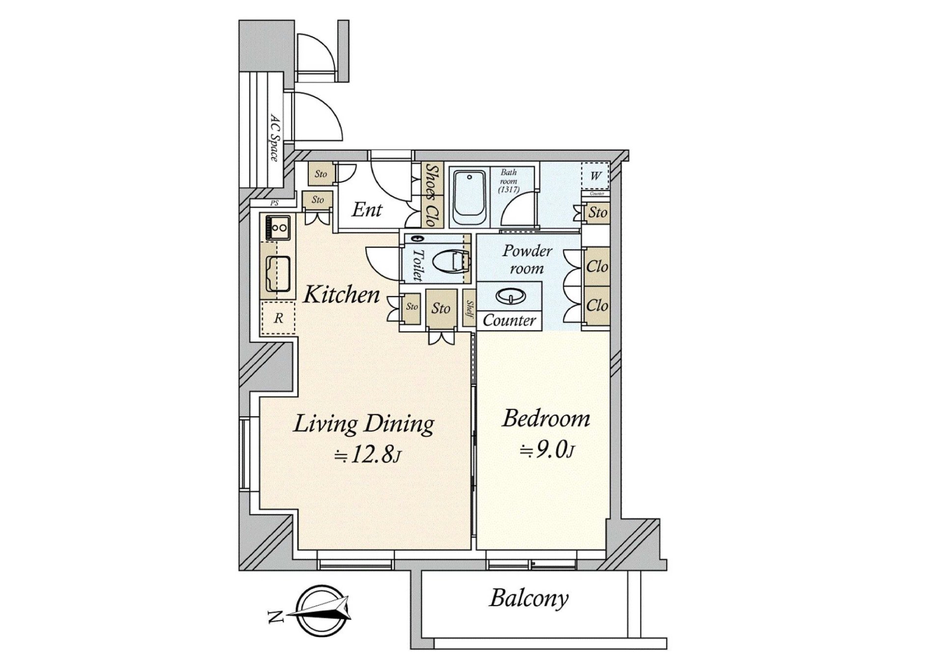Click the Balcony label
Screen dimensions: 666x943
(x=528, y=598)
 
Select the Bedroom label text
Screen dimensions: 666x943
(x=546, y=419)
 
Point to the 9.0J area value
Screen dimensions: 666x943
(x=547, y=450)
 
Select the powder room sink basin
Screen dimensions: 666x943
(x=510, y=296)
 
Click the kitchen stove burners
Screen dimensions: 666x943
(x=278, y=228)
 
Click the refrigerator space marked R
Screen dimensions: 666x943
(x=278, y=319)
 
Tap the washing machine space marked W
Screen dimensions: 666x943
(x=595, y=176)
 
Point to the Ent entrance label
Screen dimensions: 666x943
(x=367, y=210)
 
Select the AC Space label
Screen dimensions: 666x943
(x=275, y=137)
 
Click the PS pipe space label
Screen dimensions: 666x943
(x=274, y=203)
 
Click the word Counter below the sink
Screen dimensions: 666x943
(x=509, y=320)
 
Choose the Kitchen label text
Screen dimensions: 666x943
(x=341, y=295)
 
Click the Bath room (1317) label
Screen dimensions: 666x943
(x=508, y=181)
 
